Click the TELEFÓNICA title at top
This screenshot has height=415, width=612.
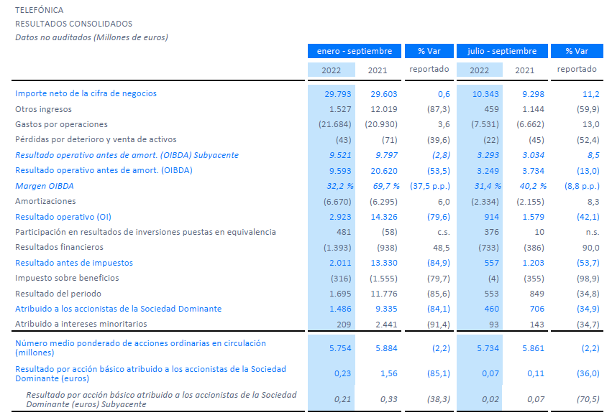39,10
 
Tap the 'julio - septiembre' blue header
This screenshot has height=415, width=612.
502,51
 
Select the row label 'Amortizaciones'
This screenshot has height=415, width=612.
45,201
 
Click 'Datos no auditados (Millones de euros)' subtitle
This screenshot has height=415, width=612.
91,37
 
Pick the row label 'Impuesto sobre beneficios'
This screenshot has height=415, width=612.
67,278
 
